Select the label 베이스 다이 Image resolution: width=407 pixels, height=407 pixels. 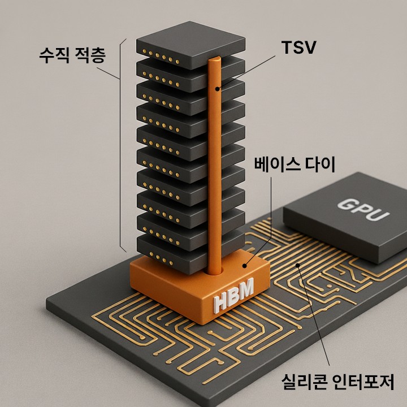click(295, 166)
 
